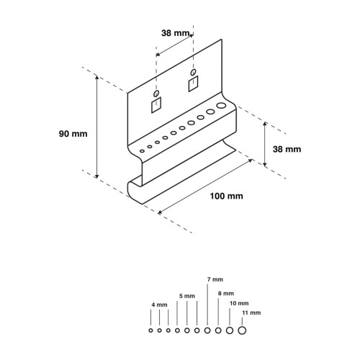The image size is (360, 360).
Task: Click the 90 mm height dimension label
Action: [x=73, y=134]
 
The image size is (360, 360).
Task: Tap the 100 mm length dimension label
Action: [x=227, y=196]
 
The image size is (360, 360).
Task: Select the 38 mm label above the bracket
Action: [x=176, y=33]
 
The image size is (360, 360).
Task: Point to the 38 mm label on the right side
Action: [x=287, y=149]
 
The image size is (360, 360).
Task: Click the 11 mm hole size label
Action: [x=251, y=312]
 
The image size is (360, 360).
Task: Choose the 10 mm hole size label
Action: [x=239, y=303]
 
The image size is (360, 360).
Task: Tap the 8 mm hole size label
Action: [x=226, y=293]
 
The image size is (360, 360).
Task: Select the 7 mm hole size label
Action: [x=215, y=279]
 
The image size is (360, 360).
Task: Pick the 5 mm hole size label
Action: [x=187, y=296]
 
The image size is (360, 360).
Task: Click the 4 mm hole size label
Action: [x=159, y=305]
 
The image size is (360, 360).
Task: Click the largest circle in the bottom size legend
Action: [x=242, y=330]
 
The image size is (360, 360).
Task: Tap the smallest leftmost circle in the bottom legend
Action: [x=150, y=330]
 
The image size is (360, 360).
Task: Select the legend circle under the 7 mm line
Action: [x=207, y=330]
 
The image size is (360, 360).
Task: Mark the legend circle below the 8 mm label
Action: [x=218, y=330]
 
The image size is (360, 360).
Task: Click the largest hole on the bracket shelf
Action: [x=221, y=105]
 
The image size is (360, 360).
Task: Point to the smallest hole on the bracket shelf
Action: [x=142, y=151]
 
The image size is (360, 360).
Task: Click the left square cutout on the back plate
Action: [x=156, y=105]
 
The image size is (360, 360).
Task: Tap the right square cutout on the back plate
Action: [x=193, y=84]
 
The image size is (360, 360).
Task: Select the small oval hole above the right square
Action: [x=193, y=72]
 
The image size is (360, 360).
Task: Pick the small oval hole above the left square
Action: [x=156, y=94]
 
